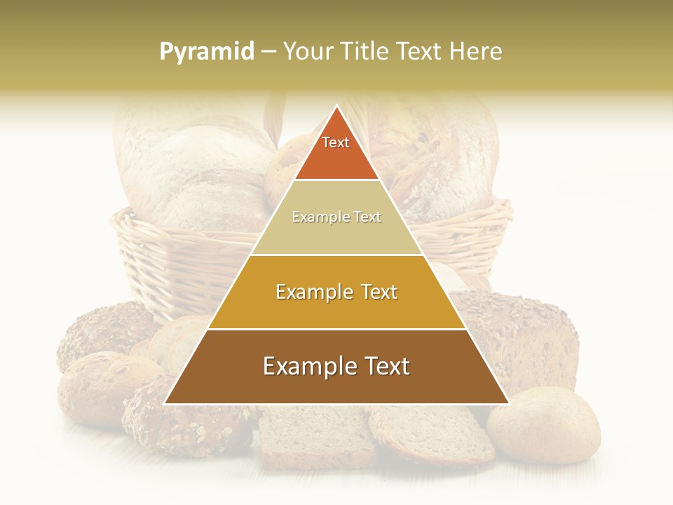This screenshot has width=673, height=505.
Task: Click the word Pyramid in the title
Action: tap(207, 52)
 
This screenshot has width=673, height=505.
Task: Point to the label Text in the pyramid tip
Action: tap(336, 142)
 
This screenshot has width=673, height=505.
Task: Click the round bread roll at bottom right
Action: tap(544, 424)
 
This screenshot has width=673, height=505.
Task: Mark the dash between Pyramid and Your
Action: tap(268, 52)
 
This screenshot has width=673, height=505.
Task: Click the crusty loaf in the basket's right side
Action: tap(449, 154)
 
